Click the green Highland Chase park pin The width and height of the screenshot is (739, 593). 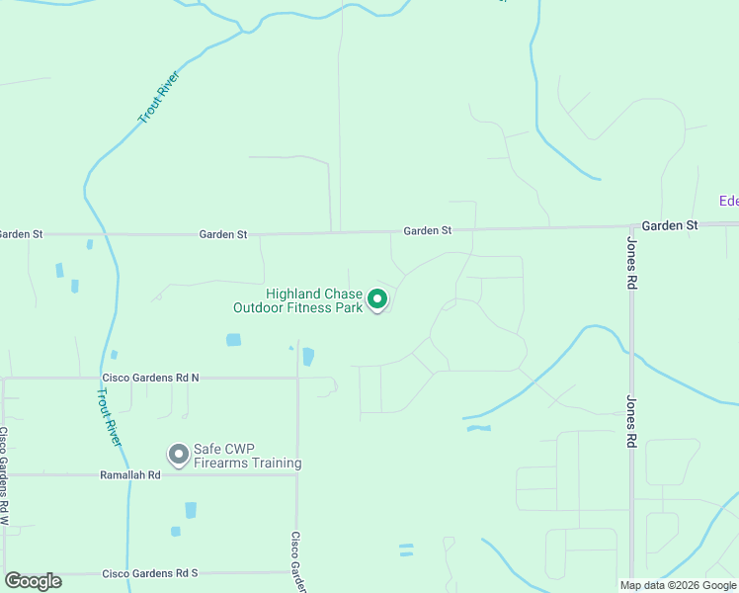click(x=376, y=298)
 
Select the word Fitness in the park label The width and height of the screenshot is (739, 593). click(x=311, y=308)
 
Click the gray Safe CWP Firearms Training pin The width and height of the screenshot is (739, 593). click(x=179, y=454)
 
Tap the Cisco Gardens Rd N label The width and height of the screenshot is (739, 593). click(x=150, y=378)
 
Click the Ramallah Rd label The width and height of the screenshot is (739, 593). click(x=130, y=475)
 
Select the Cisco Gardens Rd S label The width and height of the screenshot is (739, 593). click(x=150, y=573)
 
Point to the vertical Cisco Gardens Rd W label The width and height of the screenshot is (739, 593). click(x=4, y=475)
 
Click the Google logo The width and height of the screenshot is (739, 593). click(x=33, y=581)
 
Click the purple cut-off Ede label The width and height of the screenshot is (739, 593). click(x=728, y=202)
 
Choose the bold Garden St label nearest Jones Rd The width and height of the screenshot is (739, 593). click(x=669, y=225)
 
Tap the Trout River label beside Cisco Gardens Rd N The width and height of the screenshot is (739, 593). click(x=108, y=416)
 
